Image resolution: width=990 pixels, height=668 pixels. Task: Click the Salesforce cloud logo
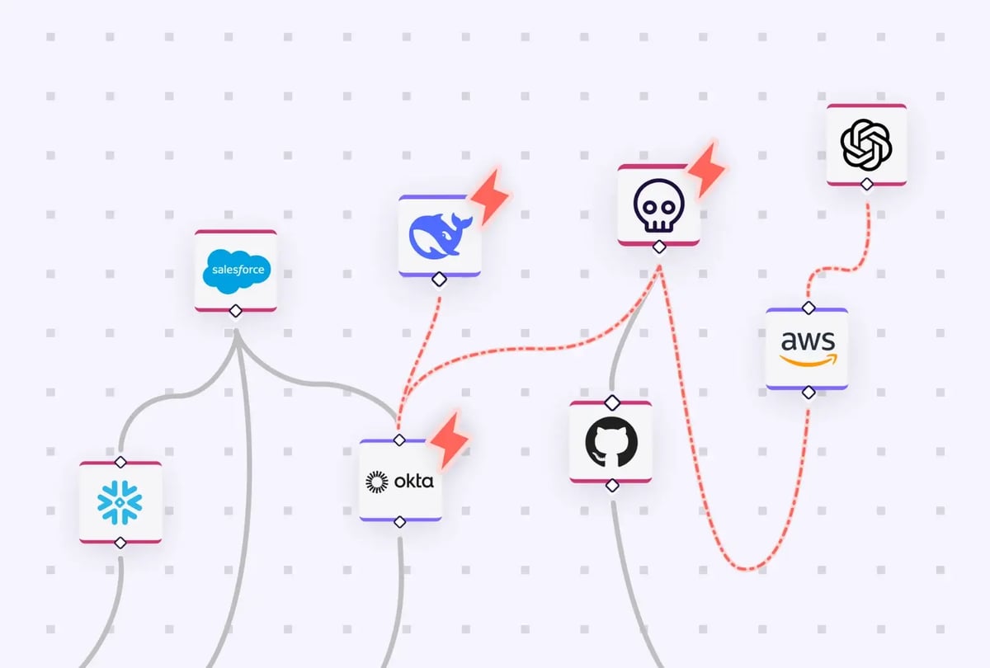(236, 270)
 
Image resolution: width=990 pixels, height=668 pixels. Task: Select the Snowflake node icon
(120, 502)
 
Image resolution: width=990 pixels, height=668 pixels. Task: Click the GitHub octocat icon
(611, 443)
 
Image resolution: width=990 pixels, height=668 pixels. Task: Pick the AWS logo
(807, 348)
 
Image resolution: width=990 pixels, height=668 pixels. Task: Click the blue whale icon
(440, 236)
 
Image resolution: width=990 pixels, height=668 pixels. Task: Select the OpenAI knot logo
(866, 144)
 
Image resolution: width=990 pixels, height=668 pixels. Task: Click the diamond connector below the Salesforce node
(236, 311)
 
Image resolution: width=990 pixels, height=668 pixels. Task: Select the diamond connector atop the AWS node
(808, 308)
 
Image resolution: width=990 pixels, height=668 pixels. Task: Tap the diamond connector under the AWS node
(808, 391)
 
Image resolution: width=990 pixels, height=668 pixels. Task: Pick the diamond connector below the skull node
(658, 247)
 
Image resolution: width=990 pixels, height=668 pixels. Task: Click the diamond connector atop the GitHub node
(611, 402)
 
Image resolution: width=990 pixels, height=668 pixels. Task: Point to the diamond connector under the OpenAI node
(866, 184)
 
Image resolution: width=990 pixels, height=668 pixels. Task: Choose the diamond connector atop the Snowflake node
(120, 461)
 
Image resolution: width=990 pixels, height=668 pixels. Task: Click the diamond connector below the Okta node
(399, 521)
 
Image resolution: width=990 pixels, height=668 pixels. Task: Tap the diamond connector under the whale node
(440, 279)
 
